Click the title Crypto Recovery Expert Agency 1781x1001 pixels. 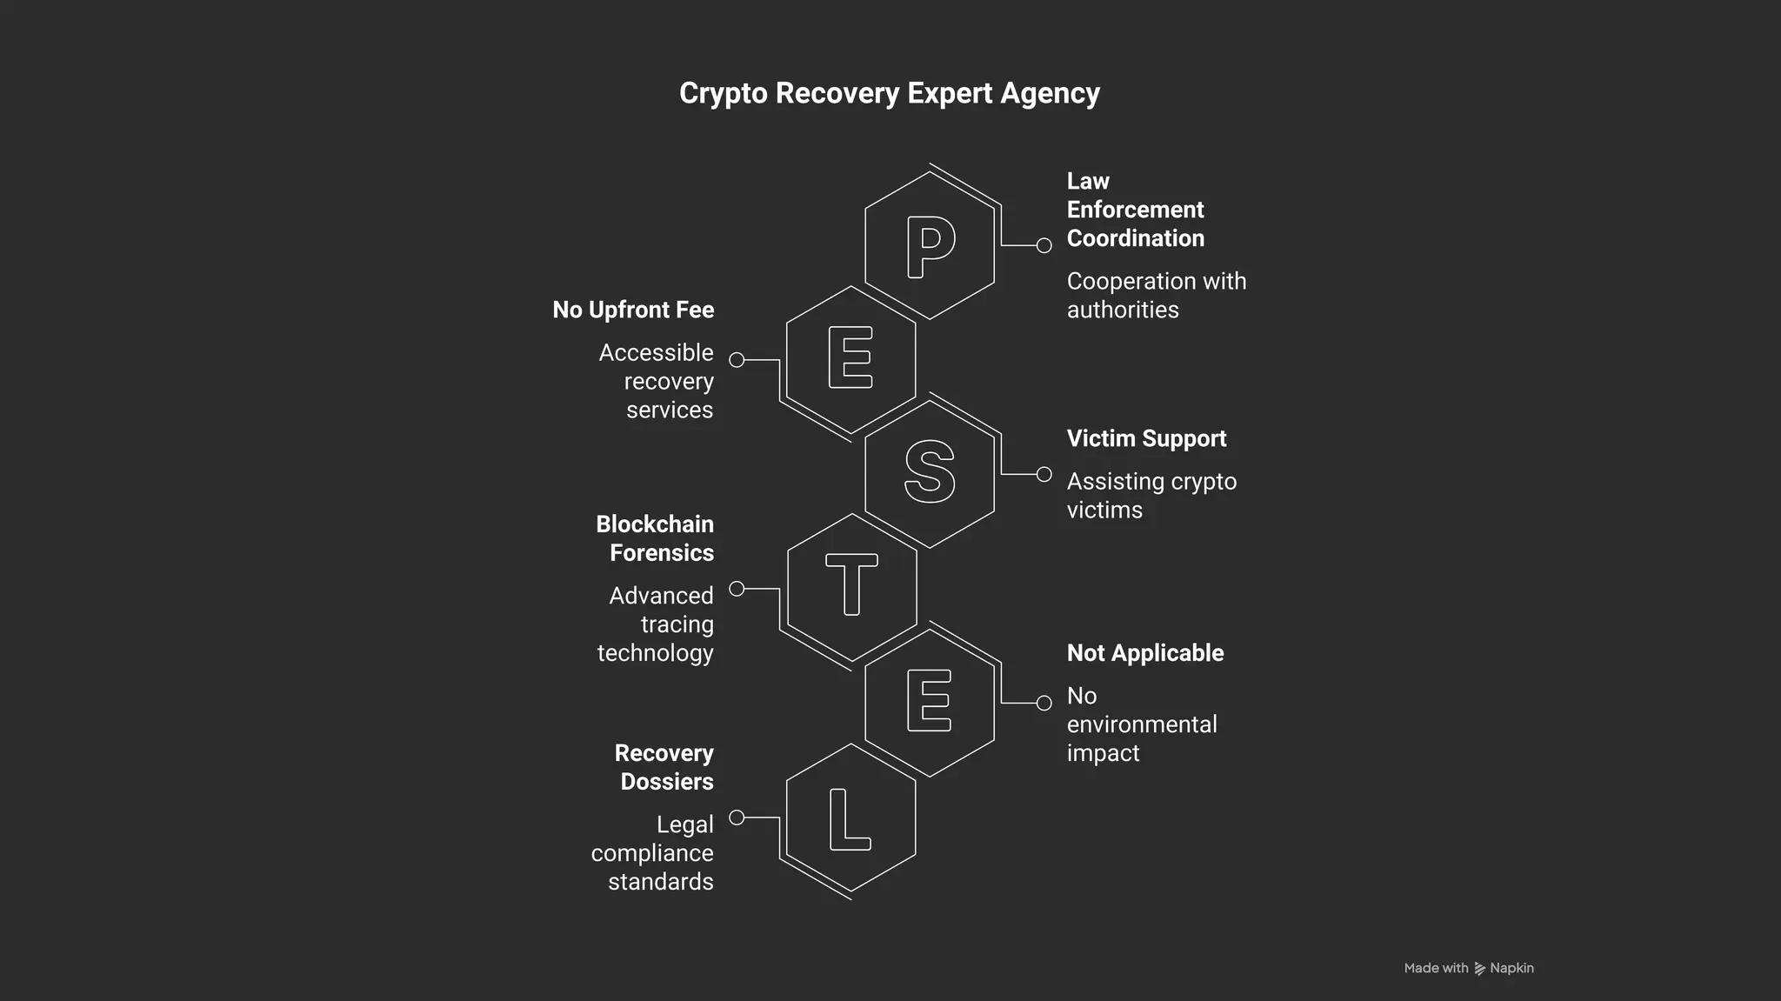coord(889,93)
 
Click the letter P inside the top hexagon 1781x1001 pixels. coord(930,246)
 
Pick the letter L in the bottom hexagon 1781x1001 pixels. coord(849,818)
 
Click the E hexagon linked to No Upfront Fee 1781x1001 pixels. coord(850,357)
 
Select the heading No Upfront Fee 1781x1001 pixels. coord(633,310)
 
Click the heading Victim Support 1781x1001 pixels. coord(1146,438)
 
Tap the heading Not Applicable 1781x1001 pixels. coord(1144,653)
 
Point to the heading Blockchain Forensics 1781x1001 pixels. coord(655,538)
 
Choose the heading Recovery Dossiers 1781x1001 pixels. coord(664,767)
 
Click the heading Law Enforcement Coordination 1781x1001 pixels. coord(1135,210)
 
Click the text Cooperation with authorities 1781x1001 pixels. coord(1156,296)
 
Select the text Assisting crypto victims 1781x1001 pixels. coord(1151,496)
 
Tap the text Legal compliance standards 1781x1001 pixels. coord(653,853)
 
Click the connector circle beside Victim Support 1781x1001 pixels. coord(1044,474)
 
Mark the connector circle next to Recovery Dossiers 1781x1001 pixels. coord(737,817)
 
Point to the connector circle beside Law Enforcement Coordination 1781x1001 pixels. coord(1044,245)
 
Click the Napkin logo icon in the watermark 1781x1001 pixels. coord(1479,968)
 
